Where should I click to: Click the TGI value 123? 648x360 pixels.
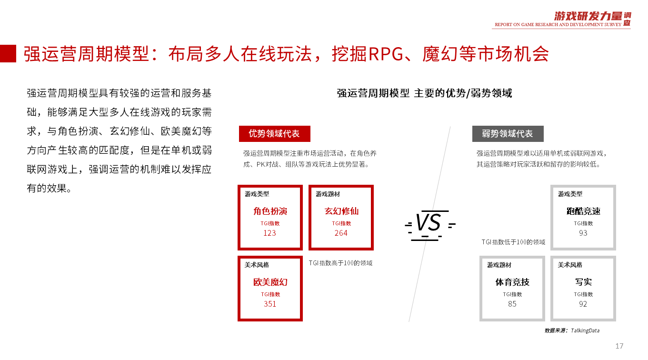(269, 233)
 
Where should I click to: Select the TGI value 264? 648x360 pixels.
(341, 233)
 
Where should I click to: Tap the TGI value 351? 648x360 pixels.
(270, 304)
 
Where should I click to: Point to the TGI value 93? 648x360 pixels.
(583, 233)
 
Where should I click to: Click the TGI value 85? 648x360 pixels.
(512, 304)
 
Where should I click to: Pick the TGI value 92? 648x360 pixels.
(583, 304)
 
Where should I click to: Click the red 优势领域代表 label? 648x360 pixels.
(274, 134)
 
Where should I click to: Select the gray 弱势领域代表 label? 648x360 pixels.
(508, 134)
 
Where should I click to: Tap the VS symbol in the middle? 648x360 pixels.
(429, 223)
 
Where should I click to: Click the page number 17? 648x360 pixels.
(619, 346)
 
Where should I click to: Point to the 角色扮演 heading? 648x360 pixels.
(270, 211)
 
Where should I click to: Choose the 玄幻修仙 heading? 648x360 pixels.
(341, 211)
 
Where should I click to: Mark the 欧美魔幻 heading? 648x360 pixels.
(270, 282)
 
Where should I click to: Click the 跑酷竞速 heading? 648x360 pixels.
(583, 211)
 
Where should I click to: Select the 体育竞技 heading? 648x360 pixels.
(512, 282)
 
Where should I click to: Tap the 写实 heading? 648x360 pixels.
(583, 282)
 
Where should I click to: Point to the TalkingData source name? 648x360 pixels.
(586, 330)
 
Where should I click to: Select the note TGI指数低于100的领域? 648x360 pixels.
(513, 242)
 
